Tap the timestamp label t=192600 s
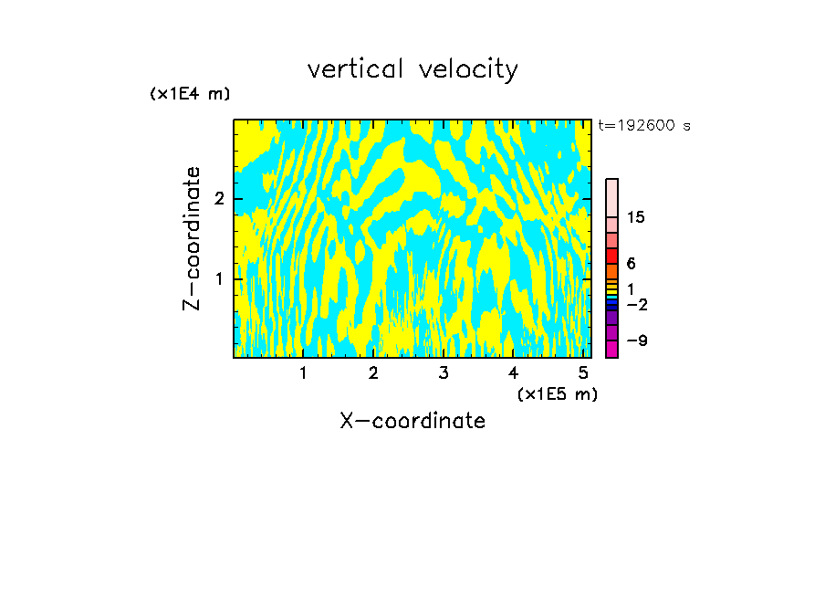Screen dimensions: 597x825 [644, 126]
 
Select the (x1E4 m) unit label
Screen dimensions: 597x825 [190, 94]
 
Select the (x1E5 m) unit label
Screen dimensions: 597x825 [557, 393]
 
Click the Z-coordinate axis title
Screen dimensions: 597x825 [192, 238]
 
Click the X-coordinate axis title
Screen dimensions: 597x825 [412, 421]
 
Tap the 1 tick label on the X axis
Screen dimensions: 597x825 [303, 372]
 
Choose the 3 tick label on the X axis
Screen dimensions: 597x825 [444, 372]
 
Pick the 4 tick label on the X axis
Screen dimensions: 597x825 [513, 372]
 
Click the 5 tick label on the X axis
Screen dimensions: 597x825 [583, 372]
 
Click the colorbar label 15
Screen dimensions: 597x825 [637, 217]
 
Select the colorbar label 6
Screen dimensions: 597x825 [632, 264]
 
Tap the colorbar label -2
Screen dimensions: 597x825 [637, 304]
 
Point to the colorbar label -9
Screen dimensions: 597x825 [637, 341]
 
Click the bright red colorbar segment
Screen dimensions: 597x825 [611, 256]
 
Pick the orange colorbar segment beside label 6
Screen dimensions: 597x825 [611, 271]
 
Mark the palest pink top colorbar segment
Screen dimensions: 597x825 [611, 197]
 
